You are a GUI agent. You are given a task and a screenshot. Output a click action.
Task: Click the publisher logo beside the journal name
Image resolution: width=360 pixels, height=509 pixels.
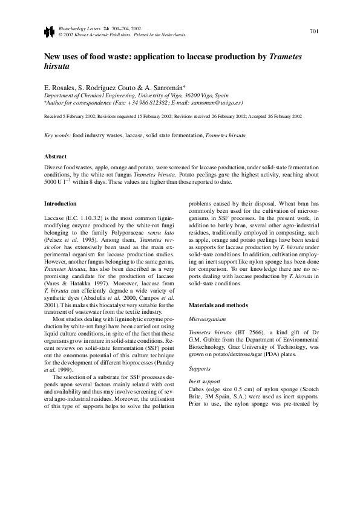point(49,31)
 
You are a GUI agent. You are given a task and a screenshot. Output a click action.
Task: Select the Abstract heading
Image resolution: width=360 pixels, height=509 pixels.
point(56,156)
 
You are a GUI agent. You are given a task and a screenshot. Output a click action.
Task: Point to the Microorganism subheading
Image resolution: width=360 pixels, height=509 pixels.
point(207,317)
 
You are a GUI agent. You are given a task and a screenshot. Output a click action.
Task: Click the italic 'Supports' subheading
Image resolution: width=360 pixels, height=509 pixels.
point(199,368)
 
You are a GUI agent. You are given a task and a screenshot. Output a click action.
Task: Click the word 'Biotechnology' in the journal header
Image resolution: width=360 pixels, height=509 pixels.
point(73,28)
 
